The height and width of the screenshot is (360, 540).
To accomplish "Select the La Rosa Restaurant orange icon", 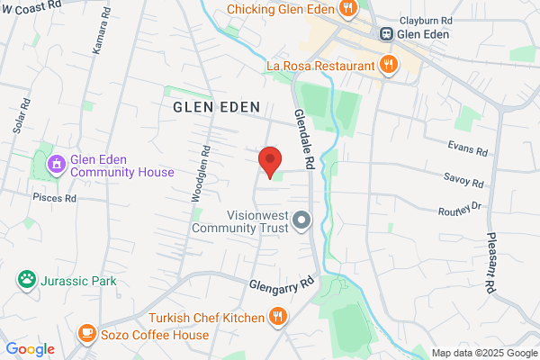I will tap(388, 65).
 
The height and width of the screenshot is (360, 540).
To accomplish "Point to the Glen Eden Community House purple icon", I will tap(56, 164).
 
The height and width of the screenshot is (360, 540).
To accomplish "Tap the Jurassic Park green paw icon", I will tap(26, 280).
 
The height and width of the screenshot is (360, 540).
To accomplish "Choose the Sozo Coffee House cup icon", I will tap(86, 333).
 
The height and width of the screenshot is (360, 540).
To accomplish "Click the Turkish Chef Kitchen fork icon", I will tap(279, 317).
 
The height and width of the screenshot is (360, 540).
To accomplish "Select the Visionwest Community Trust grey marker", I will tap(302, 220).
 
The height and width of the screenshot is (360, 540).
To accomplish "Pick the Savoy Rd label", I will tap(464, 181).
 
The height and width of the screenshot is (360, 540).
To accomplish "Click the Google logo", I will tap(30, 349).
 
